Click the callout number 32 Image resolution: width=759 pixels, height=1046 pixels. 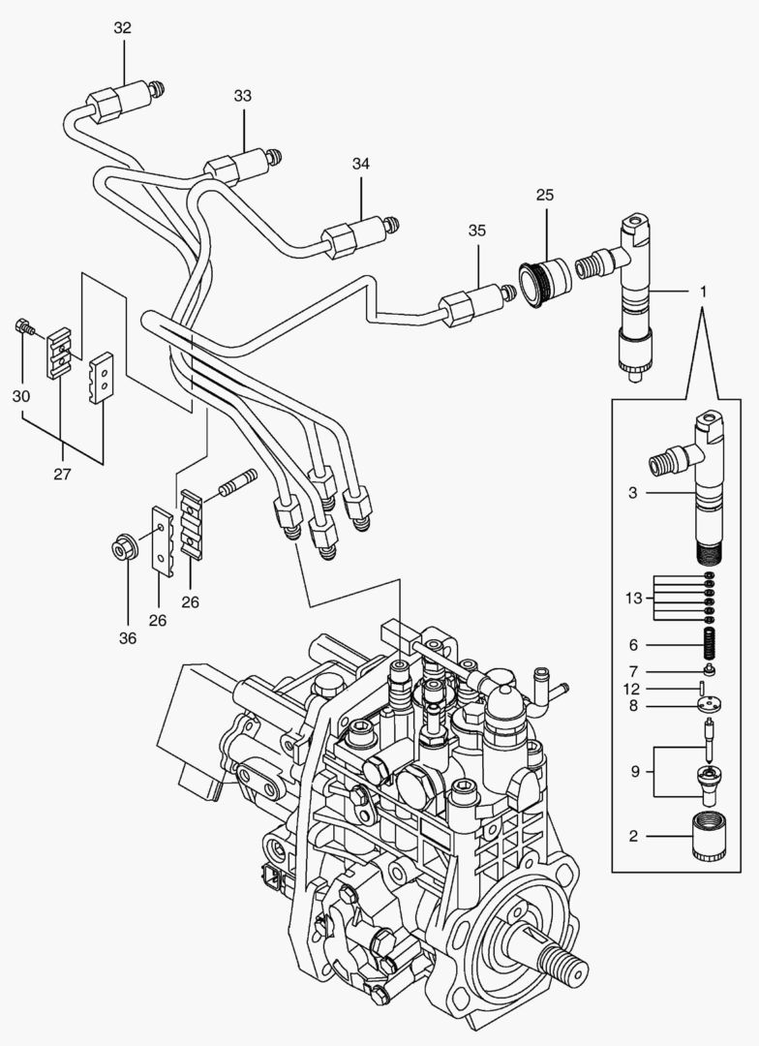pos(123,28)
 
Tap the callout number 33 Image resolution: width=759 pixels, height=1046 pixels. pos(243,96)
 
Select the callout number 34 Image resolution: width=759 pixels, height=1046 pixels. pos(361,164)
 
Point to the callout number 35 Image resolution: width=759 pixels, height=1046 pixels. pos(477,231)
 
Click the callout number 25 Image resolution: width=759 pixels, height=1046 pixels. pos(545,196)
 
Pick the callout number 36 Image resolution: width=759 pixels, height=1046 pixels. pos(128,638)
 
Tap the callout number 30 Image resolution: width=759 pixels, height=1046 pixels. pos(21,396)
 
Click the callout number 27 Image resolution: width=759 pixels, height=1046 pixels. pos(62,475)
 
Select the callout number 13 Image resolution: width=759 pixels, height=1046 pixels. pos(633,598)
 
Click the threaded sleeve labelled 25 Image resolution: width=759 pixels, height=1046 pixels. pos(546,282)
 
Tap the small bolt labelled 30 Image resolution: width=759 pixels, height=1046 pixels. pos(23,327)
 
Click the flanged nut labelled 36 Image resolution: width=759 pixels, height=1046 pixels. pos(125,546)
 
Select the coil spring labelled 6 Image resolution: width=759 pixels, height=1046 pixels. pos(711,644)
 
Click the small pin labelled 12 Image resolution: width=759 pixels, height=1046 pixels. pos(703,687)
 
